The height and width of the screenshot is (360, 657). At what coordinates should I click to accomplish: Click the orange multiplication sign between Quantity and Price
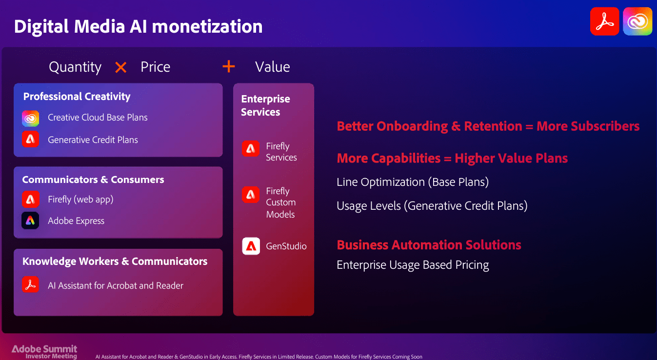[120, 67]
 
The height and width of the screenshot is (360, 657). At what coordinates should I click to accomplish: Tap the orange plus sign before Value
[228, 66]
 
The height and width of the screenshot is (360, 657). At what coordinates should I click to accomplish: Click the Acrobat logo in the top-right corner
[604, 21]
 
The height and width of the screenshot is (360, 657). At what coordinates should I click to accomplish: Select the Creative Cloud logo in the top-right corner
[637, 21]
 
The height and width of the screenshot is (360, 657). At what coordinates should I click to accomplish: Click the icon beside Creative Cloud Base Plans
[31, 118]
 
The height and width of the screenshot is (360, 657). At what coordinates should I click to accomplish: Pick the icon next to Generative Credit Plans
[31, 140]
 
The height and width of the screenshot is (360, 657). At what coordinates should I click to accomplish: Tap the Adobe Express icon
[31, 220]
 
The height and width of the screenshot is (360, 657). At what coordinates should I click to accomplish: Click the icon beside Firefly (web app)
[31, 199]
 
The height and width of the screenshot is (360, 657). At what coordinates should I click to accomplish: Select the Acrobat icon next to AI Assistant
[31, 284]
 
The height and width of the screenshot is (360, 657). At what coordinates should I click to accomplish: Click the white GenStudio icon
[251, 246]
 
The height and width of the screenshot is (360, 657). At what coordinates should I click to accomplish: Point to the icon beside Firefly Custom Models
[251, 195]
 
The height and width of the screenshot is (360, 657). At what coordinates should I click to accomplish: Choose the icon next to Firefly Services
[251, 148]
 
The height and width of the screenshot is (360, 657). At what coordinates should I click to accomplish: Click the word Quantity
[75, 67]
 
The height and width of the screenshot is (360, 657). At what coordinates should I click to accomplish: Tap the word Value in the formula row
[273, 67]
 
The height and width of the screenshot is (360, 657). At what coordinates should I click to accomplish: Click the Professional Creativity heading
[77, 97]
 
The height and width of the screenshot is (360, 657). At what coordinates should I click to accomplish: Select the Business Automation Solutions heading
[429, 245]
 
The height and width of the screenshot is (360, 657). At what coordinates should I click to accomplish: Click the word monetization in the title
[207, 26]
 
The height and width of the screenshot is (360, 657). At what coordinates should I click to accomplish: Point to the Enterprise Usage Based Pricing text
[413, 265]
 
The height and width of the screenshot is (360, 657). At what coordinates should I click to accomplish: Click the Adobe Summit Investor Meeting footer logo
[44, 352]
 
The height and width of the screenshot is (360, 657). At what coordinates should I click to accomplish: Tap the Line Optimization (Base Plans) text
[413, 182]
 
